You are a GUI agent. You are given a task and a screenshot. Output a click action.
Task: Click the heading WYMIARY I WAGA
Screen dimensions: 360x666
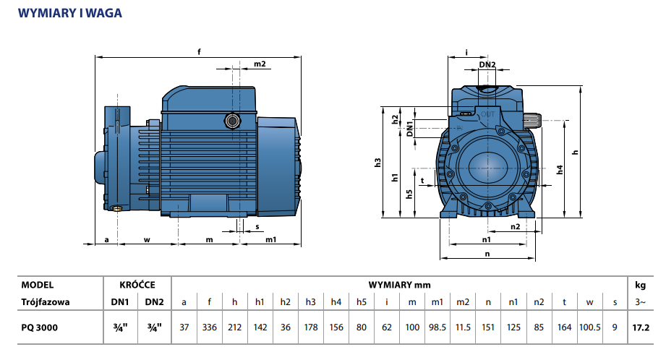(x=69, y=13)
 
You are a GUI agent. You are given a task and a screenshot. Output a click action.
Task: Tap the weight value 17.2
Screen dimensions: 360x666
(x=640, y=327)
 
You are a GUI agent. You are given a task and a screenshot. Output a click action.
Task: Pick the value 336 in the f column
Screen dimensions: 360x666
(x=210, y=327)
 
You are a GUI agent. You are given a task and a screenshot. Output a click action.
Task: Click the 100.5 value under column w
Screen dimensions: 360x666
(x=590, y=327)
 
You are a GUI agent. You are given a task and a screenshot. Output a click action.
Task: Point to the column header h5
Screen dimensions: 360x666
(x=362, y=302)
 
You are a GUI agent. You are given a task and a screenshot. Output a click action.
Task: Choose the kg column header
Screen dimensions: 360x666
(x=640, y=285)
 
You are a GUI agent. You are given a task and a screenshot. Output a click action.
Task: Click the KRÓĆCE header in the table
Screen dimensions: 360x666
(x=137, y=285)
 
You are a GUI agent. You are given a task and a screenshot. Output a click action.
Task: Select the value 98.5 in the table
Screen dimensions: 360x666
(x=437, y=327)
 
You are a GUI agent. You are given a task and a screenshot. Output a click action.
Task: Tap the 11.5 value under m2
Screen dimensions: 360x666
(x=463, y=327)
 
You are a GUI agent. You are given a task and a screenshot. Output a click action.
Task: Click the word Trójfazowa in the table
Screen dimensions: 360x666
(x=46, y=302)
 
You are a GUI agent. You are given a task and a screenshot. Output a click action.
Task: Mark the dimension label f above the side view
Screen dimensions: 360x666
(x=199, y=51)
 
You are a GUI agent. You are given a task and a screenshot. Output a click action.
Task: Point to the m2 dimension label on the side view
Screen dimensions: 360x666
(x=260, y=64)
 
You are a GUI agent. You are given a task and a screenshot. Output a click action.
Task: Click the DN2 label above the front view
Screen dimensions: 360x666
(x=487, y=64)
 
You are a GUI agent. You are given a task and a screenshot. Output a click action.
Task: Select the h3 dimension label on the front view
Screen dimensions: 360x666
(x=377, y=163)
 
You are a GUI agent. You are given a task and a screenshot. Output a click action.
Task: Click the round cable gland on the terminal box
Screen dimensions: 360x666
(x=233, y=120)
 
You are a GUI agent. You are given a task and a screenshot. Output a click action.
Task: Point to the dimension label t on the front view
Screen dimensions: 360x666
(x=422, y=180)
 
